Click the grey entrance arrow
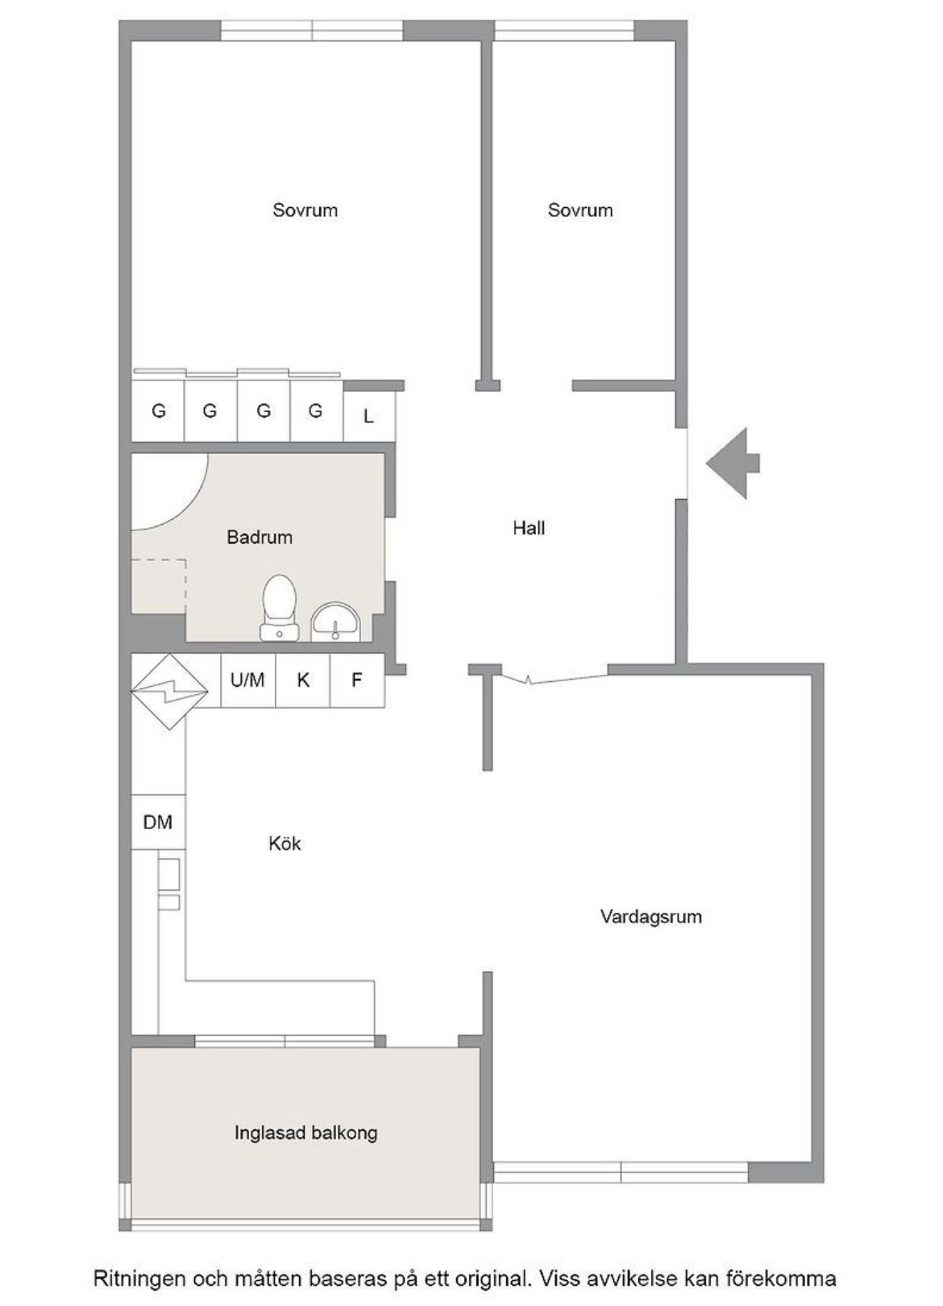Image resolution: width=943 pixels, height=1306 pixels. (x=733, y=464)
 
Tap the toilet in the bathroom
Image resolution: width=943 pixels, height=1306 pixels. (x=279, y=608)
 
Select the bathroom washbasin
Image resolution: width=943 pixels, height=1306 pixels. (x=336, y=622)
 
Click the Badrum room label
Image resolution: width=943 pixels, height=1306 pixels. (x=260, y=537)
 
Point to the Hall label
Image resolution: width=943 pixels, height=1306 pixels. (x=529, y=528)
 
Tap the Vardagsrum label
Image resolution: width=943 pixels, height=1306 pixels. (x=651, y=917)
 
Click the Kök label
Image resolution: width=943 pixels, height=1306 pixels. (x=285, y=843)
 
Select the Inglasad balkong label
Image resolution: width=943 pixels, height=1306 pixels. (x=306, y=1133)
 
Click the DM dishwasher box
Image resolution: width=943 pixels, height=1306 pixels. (x=158, y=822)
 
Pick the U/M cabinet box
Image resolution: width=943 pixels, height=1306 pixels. (x=247, y=680)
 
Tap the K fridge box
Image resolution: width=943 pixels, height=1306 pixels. (x=302, y=680)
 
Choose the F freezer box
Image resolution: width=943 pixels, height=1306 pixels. (x=357, y=680)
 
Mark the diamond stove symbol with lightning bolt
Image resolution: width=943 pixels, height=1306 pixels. (x=169, y=692)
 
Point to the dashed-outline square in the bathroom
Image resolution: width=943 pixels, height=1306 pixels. (x=159, y=586)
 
